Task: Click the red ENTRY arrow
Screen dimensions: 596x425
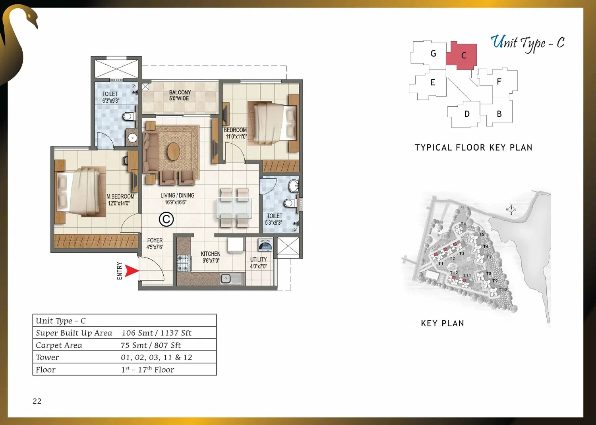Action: tap(132, 271)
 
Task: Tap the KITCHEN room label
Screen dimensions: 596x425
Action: tap(211, 254)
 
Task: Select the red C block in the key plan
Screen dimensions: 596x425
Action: tap(461, 56)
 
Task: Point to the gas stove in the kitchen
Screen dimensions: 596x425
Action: tap(184, 263)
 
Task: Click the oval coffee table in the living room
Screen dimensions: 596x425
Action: tap(173, 152)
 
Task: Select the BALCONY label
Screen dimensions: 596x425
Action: tap(180, 92)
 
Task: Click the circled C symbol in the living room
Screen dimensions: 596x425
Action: tap(166, 219)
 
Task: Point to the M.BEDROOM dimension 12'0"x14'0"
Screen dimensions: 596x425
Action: tap(119, 203)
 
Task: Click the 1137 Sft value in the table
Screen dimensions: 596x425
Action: tap(176, 333)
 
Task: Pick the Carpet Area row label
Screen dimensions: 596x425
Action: tap(59, 345)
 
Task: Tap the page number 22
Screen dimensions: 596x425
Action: tap(37, 401)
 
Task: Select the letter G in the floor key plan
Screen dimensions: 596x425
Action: tap(433, 54)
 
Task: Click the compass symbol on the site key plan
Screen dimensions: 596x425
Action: tap(511, 209)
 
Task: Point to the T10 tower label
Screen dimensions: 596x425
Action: tap(503, 289)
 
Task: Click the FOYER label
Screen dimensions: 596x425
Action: tap(155, 240)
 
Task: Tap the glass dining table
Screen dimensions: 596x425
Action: tap(234, 208)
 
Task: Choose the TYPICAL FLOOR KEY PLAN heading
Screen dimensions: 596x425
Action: tap(474, 148)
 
